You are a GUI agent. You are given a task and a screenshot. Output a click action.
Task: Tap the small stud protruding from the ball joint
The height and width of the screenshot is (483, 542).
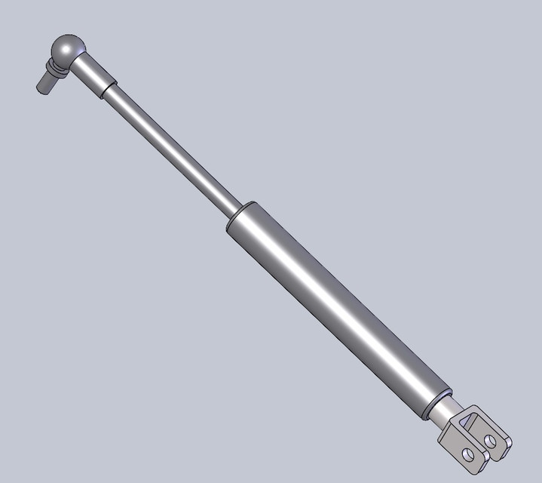coord(45,82)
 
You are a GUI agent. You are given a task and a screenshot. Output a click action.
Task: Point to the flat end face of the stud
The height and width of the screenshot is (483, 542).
coord(40,88)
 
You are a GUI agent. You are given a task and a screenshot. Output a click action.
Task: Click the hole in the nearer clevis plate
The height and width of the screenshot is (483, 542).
coord(470,454)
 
